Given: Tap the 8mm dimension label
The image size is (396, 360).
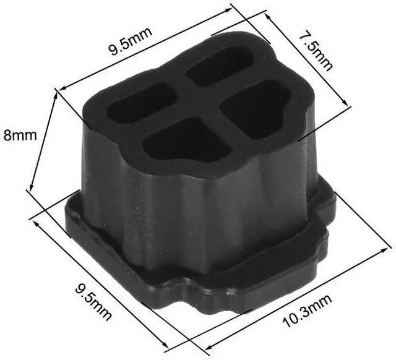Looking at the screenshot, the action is tap(20, 135).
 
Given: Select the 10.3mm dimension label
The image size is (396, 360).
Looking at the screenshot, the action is tap(307, 311).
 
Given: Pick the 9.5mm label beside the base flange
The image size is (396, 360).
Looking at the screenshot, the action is tap(93, 302).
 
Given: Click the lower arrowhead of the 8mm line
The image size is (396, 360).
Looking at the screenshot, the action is tap(31, 187).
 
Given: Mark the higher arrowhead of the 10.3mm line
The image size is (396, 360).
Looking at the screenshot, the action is tap(384, 250).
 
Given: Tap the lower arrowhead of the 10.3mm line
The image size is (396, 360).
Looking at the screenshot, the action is tap(209, 347).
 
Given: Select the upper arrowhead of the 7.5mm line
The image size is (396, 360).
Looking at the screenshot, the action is tap(268, 16).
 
